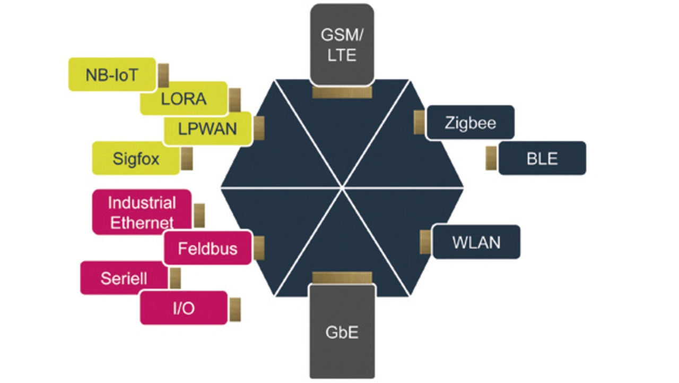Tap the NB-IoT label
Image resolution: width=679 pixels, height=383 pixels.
112,74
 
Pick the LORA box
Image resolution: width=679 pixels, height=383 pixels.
184,99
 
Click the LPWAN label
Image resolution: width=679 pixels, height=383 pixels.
207,129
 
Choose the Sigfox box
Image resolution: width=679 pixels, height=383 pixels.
136,158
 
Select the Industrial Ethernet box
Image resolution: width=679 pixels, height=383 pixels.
142,212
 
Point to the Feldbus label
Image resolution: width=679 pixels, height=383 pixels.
207,248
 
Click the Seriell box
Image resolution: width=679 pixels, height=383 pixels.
124,278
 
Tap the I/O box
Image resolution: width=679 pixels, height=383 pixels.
184,308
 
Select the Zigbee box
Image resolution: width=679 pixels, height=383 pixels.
471,123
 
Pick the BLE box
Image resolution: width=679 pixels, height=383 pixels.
542,158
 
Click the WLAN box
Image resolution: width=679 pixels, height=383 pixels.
476,242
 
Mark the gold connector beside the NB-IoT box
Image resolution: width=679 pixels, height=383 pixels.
163,75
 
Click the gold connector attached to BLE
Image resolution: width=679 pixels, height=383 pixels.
491,158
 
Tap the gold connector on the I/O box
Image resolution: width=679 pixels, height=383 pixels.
234,309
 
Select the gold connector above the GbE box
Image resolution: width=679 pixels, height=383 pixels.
342,278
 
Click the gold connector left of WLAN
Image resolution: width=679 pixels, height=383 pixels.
425,242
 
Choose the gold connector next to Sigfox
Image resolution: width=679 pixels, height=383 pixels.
187,158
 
